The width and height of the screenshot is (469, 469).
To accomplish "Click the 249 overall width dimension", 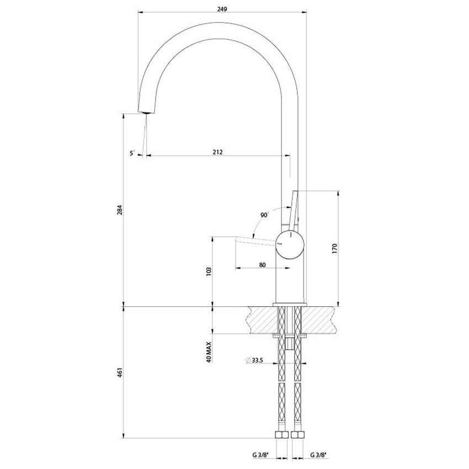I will [222, 9].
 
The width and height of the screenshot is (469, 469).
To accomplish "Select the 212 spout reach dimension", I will [217, 152].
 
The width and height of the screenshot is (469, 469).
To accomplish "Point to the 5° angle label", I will [132, 154].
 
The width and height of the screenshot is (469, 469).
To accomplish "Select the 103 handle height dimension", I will [209, 272].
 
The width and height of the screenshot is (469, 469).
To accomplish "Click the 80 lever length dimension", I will [262, 265].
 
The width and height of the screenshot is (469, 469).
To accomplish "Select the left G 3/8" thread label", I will [259, 455].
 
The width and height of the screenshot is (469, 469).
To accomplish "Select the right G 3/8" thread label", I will [318, 455].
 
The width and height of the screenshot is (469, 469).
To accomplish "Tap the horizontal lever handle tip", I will [238, 238].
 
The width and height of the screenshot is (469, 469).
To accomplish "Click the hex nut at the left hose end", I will [283, 435].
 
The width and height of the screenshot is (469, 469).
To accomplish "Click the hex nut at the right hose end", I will [299, 435].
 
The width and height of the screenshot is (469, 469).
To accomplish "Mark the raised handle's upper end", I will [294, 192].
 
